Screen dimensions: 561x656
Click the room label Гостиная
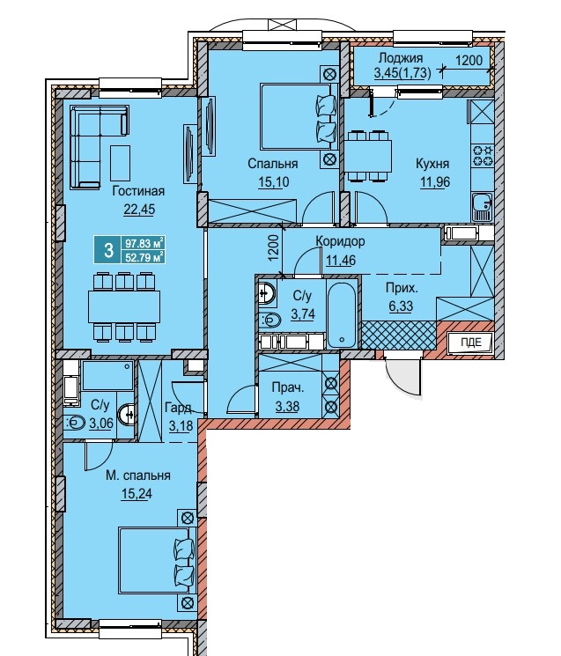138,191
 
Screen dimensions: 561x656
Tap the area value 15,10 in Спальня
274,182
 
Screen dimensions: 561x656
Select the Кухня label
432,164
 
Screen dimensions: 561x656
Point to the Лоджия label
401,58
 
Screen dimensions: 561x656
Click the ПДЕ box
471,343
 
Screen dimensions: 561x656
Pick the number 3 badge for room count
108,250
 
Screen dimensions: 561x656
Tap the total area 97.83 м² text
144,243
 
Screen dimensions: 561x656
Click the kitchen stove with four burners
483,155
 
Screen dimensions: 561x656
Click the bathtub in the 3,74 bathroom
342,314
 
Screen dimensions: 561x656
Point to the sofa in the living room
99,146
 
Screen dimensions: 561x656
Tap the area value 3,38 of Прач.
287,406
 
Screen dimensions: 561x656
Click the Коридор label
340,241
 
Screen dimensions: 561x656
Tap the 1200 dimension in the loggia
469,61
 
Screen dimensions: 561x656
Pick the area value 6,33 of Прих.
401,306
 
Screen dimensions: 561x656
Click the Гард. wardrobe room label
178,408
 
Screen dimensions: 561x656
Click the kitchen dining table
368,156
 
